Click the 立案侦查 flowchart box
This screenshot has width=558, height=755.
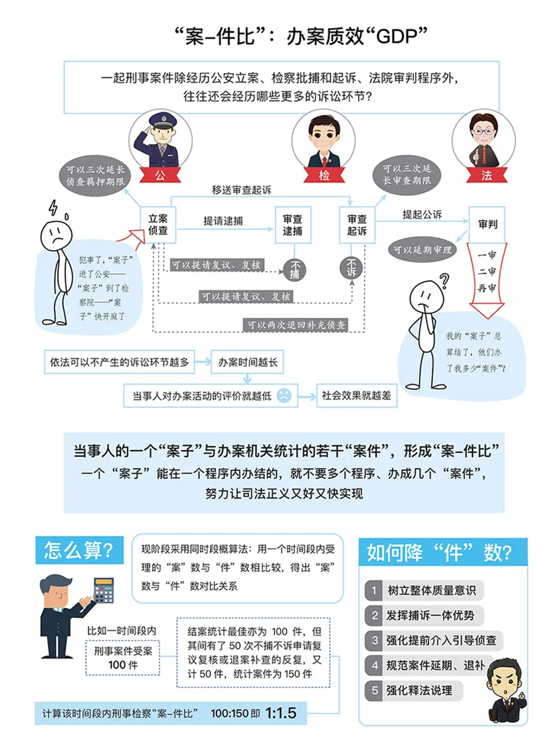[157, 225]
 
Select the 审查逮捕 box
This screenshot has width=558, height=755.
[292, 225]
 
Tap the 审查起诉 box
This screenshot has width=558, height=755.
[357, 225]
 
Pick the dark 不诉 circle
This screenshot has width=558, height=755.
[352, 267]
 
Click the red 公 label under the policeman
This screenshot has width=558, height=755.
[159, 175]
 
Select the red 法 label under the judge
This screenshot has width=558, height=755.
[487, 175]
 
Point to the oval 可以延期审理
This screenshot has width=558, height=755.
[421, 250]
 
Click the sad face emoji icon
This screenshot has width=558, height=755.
[284, 395]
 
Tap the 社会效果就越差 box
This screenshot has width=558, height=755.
[356, 395]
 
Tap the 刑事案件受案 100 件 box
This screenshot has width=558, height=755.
[122, 658]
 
